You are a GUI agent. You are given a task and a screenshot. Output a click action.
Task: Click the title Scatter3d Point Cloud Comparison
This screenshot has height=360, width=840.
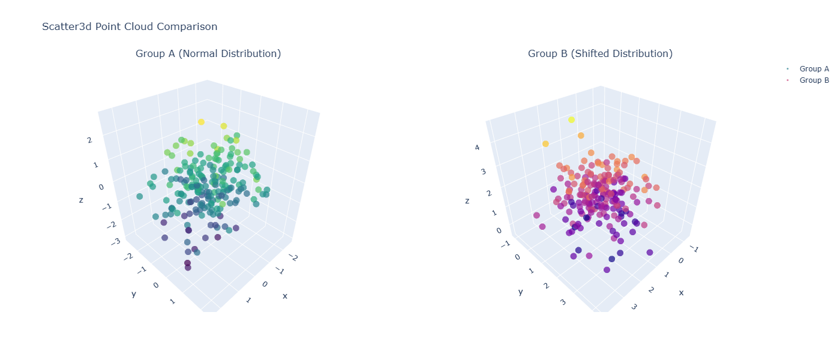130,27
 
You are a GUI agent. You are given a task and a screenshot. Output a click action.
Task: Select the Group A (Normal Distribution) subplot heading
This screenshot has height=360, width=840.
208,54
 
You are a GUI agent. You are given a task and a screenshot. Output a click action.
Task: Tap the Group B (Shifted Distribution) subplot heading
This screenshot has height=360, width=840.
600,54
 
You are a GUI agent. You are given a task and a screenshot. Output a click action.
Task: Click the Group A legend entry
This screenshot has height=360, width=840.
814,69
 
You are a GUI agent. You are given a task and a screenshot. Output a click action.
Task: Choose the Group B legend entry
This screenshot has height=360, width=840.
814,80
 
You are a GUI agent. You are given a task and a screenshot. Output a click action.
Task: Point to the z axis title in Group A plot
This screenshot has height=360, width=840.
81,200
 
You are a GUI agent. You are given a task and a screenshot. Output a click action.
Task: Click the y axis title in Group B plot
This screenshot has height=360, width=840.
521,292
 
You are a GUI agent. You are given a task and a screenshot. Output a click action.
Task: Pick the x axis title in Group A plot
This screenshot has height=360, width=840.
285,295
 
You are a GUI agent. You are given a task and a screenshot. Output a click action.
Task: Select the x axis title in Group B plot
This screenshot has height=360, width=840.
682,292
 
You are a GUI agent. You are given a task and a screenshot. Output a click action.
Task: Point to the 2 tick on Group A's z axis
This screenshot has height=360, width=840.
89,140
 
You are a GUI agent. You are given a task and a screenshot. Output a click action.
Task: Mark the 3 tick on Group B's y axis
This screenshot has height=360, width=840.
563,302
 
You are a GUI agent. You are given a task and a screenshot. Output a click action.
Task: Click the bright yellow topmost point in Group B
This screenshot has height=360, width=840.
571,120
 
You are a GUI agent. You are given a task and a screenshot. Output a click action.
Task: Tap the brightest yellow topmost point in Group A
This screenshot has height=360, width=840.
202,122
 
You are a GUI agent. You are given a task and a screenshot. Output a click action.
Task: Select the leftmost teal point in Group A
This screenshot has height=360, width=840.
139,196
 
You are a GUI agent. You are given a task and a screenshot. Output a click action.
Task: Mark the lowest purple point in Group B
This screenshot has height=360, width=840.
607,269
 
